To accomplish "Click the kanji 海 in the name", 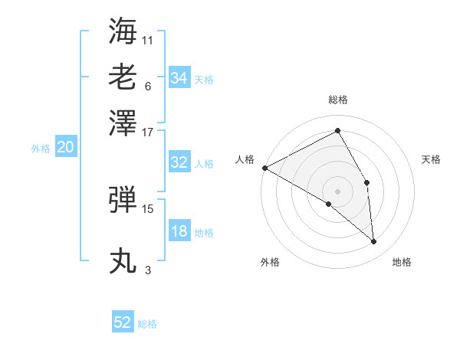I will tap(123, 30).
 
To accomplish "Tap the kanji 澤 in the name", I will tap(123, 122).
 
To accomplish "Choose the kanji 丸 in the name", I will tap(123, 260).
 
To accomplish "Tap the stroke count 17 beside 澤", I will tap(148, 132).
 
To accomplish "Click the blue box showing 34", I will tap(179, 77).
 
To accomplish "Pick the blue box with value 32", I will tap(179, 162).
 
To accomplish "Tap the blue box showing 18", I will tap(179, 232).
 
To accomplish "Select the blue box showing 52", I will tap(123, 322).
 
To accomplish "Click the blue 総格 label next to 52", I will tap(147, 324).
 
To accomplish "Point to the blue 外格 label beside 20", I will tap(40, 149).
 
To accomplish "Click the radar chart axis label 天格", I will tap(432, 159).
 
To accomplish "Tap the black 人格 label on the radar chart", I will tap(245, 159).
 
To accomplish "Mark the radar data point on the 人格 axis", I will tap(264, 168).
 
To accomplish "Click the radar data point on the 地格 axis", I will tap(374, 241).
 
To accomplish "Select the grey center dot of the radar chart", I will tap(337, 191).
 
